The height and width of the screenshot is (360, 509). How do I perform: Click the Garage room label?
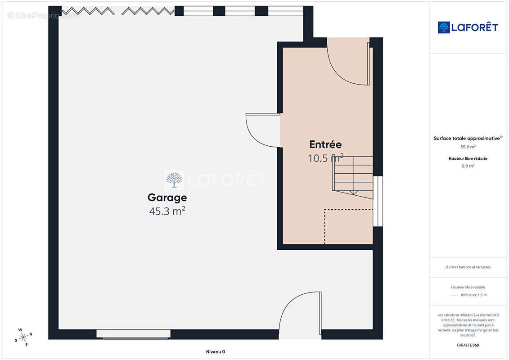point(167,198)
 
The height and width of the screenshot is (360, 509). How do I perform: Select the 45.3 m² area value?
point(167,211)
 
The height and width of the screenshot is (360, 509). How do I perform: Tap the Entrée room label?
point(325,144)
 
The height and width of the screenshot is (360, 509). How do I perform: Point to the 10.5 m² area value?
point(325,158)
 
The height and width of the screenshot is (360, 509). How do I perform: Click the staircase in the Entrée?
point(353,177)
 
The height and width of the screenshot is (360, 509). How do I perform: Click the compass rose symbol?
point(23,337)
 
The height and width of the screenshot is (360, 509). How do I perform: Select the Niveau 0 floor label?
point(216,351)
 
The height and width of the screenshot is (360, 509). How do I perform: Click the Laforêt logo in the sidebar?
point(468,27)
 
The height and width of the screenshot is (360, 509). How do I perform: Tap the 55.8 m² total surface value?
point(468,147)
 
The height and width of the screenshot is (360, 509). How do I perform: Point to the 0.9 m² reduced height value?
point(468,166)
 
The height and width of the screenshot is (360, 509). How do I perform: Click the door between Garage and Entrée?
point(263,130)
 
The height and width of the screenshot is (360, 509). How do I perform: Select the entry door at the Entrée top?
point(348,62)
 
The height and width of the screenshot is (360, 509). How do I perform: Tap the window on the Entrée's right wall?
point(378,201)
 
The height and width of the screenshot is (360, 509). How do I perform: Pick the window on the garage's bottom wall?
point(133,334)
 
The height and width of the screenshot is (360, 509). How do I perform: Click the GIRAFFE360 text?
point(468,345)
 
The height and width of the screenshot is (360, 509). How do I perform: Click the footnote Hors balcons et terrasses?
point(468,267)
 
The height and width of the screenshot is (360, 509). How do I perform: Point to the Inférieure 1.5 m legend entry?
point(473,295)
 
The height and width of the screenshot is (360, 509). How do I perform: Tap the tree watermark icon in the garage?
point(174,180)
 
